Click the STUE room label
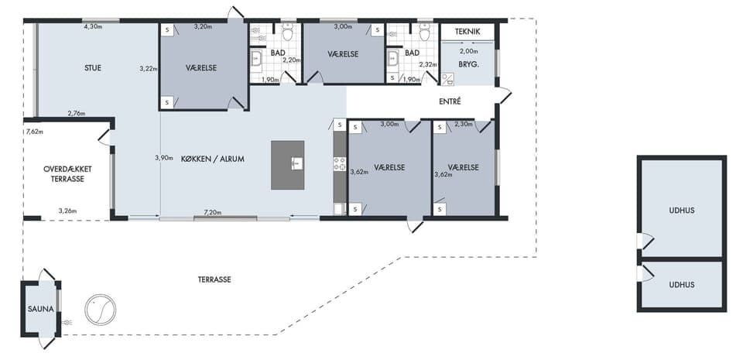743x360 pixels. coord(93,67)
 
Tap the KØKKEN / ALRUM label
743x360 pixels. coord(213,159)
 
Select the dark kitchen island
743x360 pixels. coord(288,165)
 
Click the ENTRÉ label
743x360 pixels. coord(450,101)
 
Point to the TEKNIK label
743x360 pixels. coord(467,32)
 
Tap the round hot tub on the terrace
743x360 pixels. coord(101,310)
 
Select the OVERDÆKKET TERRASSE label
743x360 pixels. coord(67,174)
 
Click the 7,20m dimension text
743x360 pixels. coord(213,213)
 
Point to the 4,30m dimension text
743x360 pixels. coord(94,26)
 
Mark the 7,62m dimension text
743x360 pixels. coord(35,132)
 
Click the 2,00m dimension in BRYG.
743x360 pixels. coord(469,50)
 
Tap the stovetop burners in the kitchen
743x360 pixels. coord(340,163)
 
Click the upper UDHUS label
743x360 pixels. coord(682,211)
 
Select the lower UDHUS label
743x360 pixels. coord(682,285)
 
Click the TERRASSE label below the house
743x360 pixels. coord(214,279)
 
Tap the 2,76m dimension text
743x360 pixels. coord(77,113)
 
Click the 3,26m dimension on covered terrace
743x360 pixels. coord(67,211)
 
